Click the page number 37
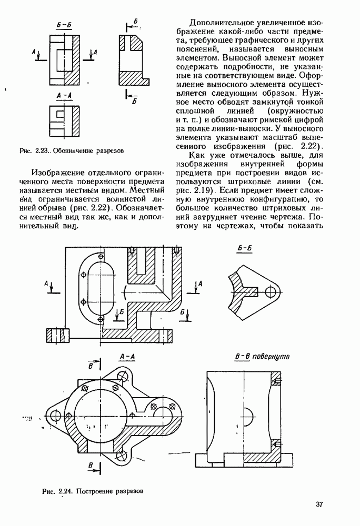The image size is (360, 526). point(319,504)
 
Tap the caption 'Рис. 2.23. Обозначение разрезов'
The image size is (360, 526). point(72,150)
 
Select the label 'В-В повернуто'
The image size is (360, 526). point(262,356)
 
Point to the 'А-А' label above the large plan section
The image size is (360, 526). point(127,357)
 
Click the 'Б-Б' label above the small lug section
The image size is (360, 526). point(245,249)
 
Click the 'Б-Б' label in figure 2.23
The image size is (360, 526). point(64,25)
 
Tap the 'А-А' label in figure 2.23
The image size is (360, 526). point(64,96)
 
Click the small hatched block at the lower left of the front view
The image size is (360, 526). point(57,335)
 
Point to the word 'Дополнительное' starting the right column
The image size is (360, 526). point(219,23)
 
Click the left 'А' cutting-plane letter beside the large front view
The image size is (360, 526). point(46,284)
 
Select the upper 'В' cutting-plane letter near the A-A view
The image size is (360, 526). point(91,366)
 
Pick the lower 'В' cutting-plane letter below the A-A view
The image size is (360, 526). point(91,466)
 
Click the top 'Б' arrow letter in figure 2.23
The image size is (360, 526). point(136,22)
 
